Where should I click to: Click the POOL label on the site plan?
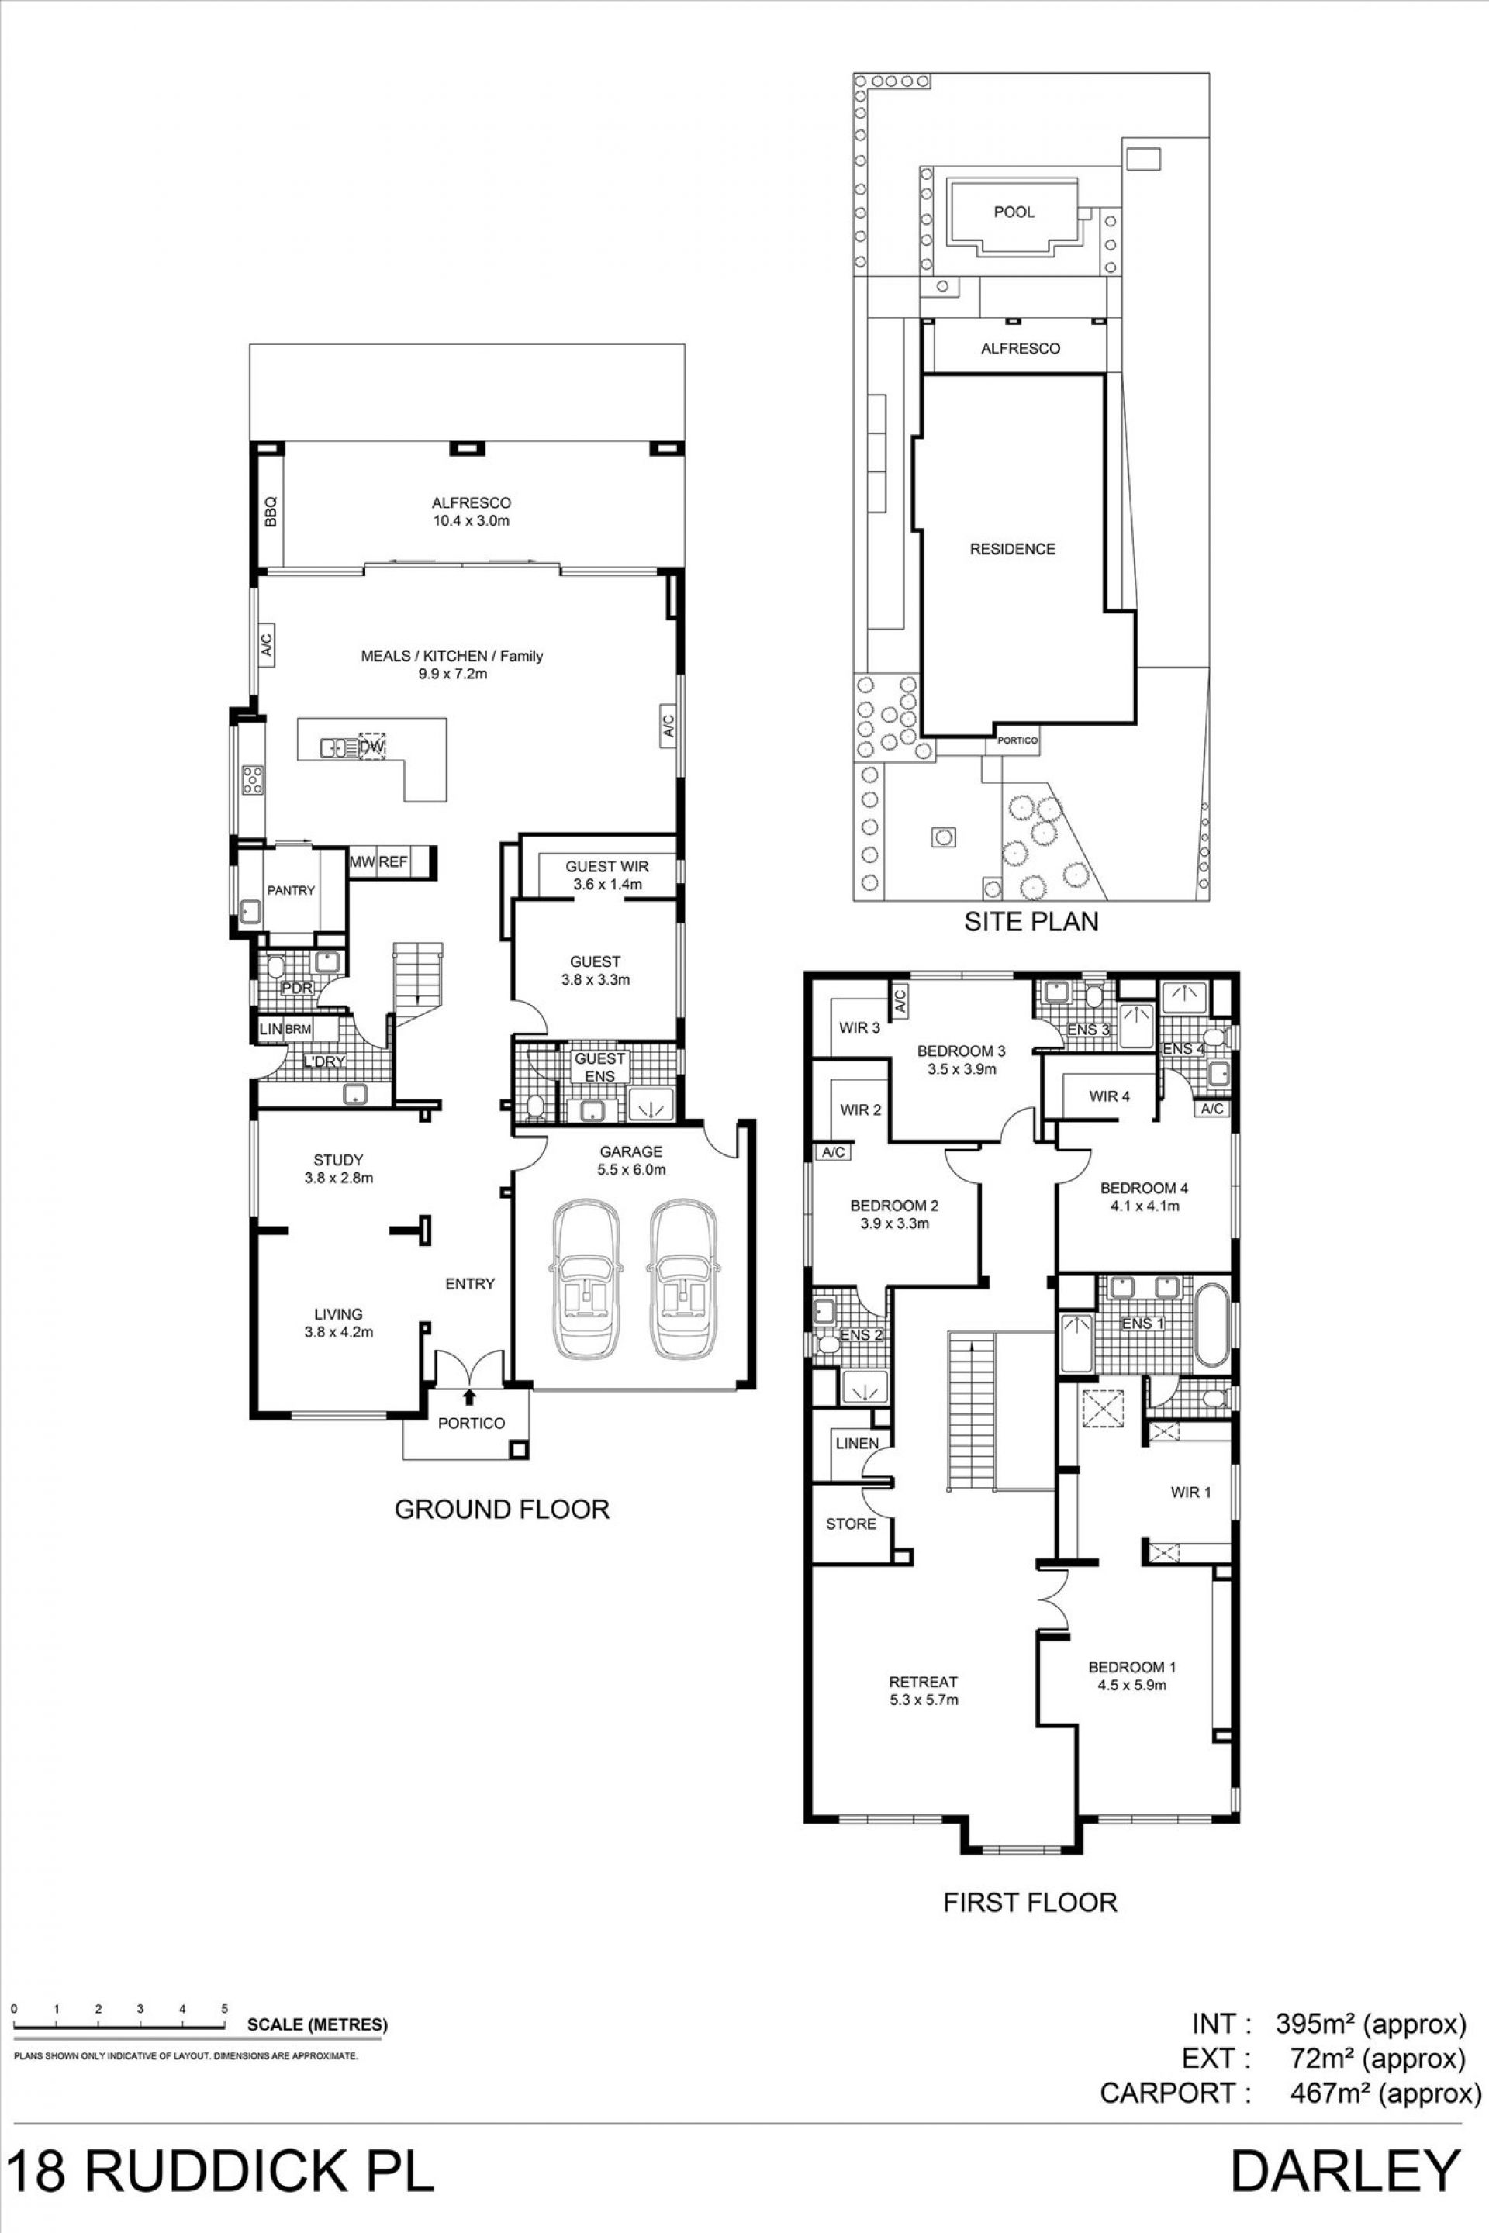(x=1014, y=212)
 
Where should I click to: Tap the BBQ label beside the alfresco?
(x=270, y=513)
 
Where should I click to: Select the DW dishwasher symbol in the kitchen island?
(x=372, y=747)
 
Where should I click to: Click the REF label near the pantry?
(x=392, y=862)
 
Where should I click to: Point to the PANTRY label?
(x=291, y=891)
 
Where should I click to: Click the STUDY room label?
(x=338, y=1160)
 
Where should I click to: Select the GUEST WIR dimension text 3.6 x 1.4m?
(x=608, y=884)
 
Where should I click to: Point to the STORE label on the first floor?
(x=851, y=1524)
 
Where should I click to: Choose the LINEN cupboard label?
(x=856, y=1443)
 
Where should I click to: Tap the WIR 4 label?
(x=1109, y=1096)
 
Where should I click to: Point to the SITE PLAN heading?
(x=1031, y=921)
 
